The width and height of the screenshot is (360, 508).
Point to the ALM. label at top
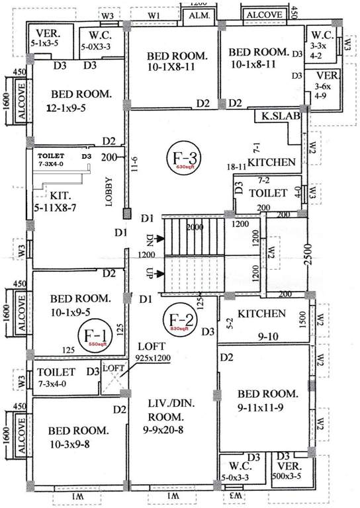(198, 15)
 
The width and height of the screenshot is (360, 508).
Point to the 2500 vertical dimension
(307, 254)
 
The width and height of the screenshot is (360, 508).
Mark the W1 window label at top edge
(154, 14)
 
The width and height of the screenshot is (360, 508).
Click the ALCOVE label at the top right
(265, 14)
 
